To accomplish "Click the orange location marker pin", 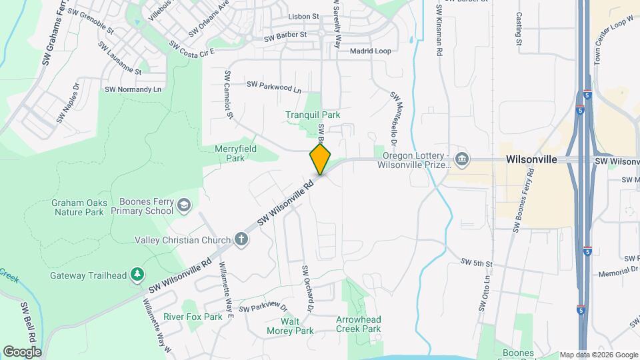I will [x=321, y=159].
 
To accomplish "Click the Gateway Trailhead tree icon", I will [x=137, y=274].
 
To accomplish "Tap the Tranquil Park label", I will [x=313, y=115].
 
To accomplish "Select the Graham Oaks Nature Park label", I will [x=77, y=207].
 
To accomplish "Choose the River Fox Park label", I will [x=193, y=317].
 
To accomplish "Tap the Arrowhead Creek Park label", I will [x=358, y=324].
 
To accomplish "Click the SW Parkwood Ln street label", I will [x=273, y=86].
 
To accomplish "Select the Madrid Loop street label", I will [x=370, y=51].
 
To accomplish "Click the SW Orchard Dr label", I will [x=307, y=289].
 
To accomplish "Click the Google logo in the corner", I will [x=22, y=351].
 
